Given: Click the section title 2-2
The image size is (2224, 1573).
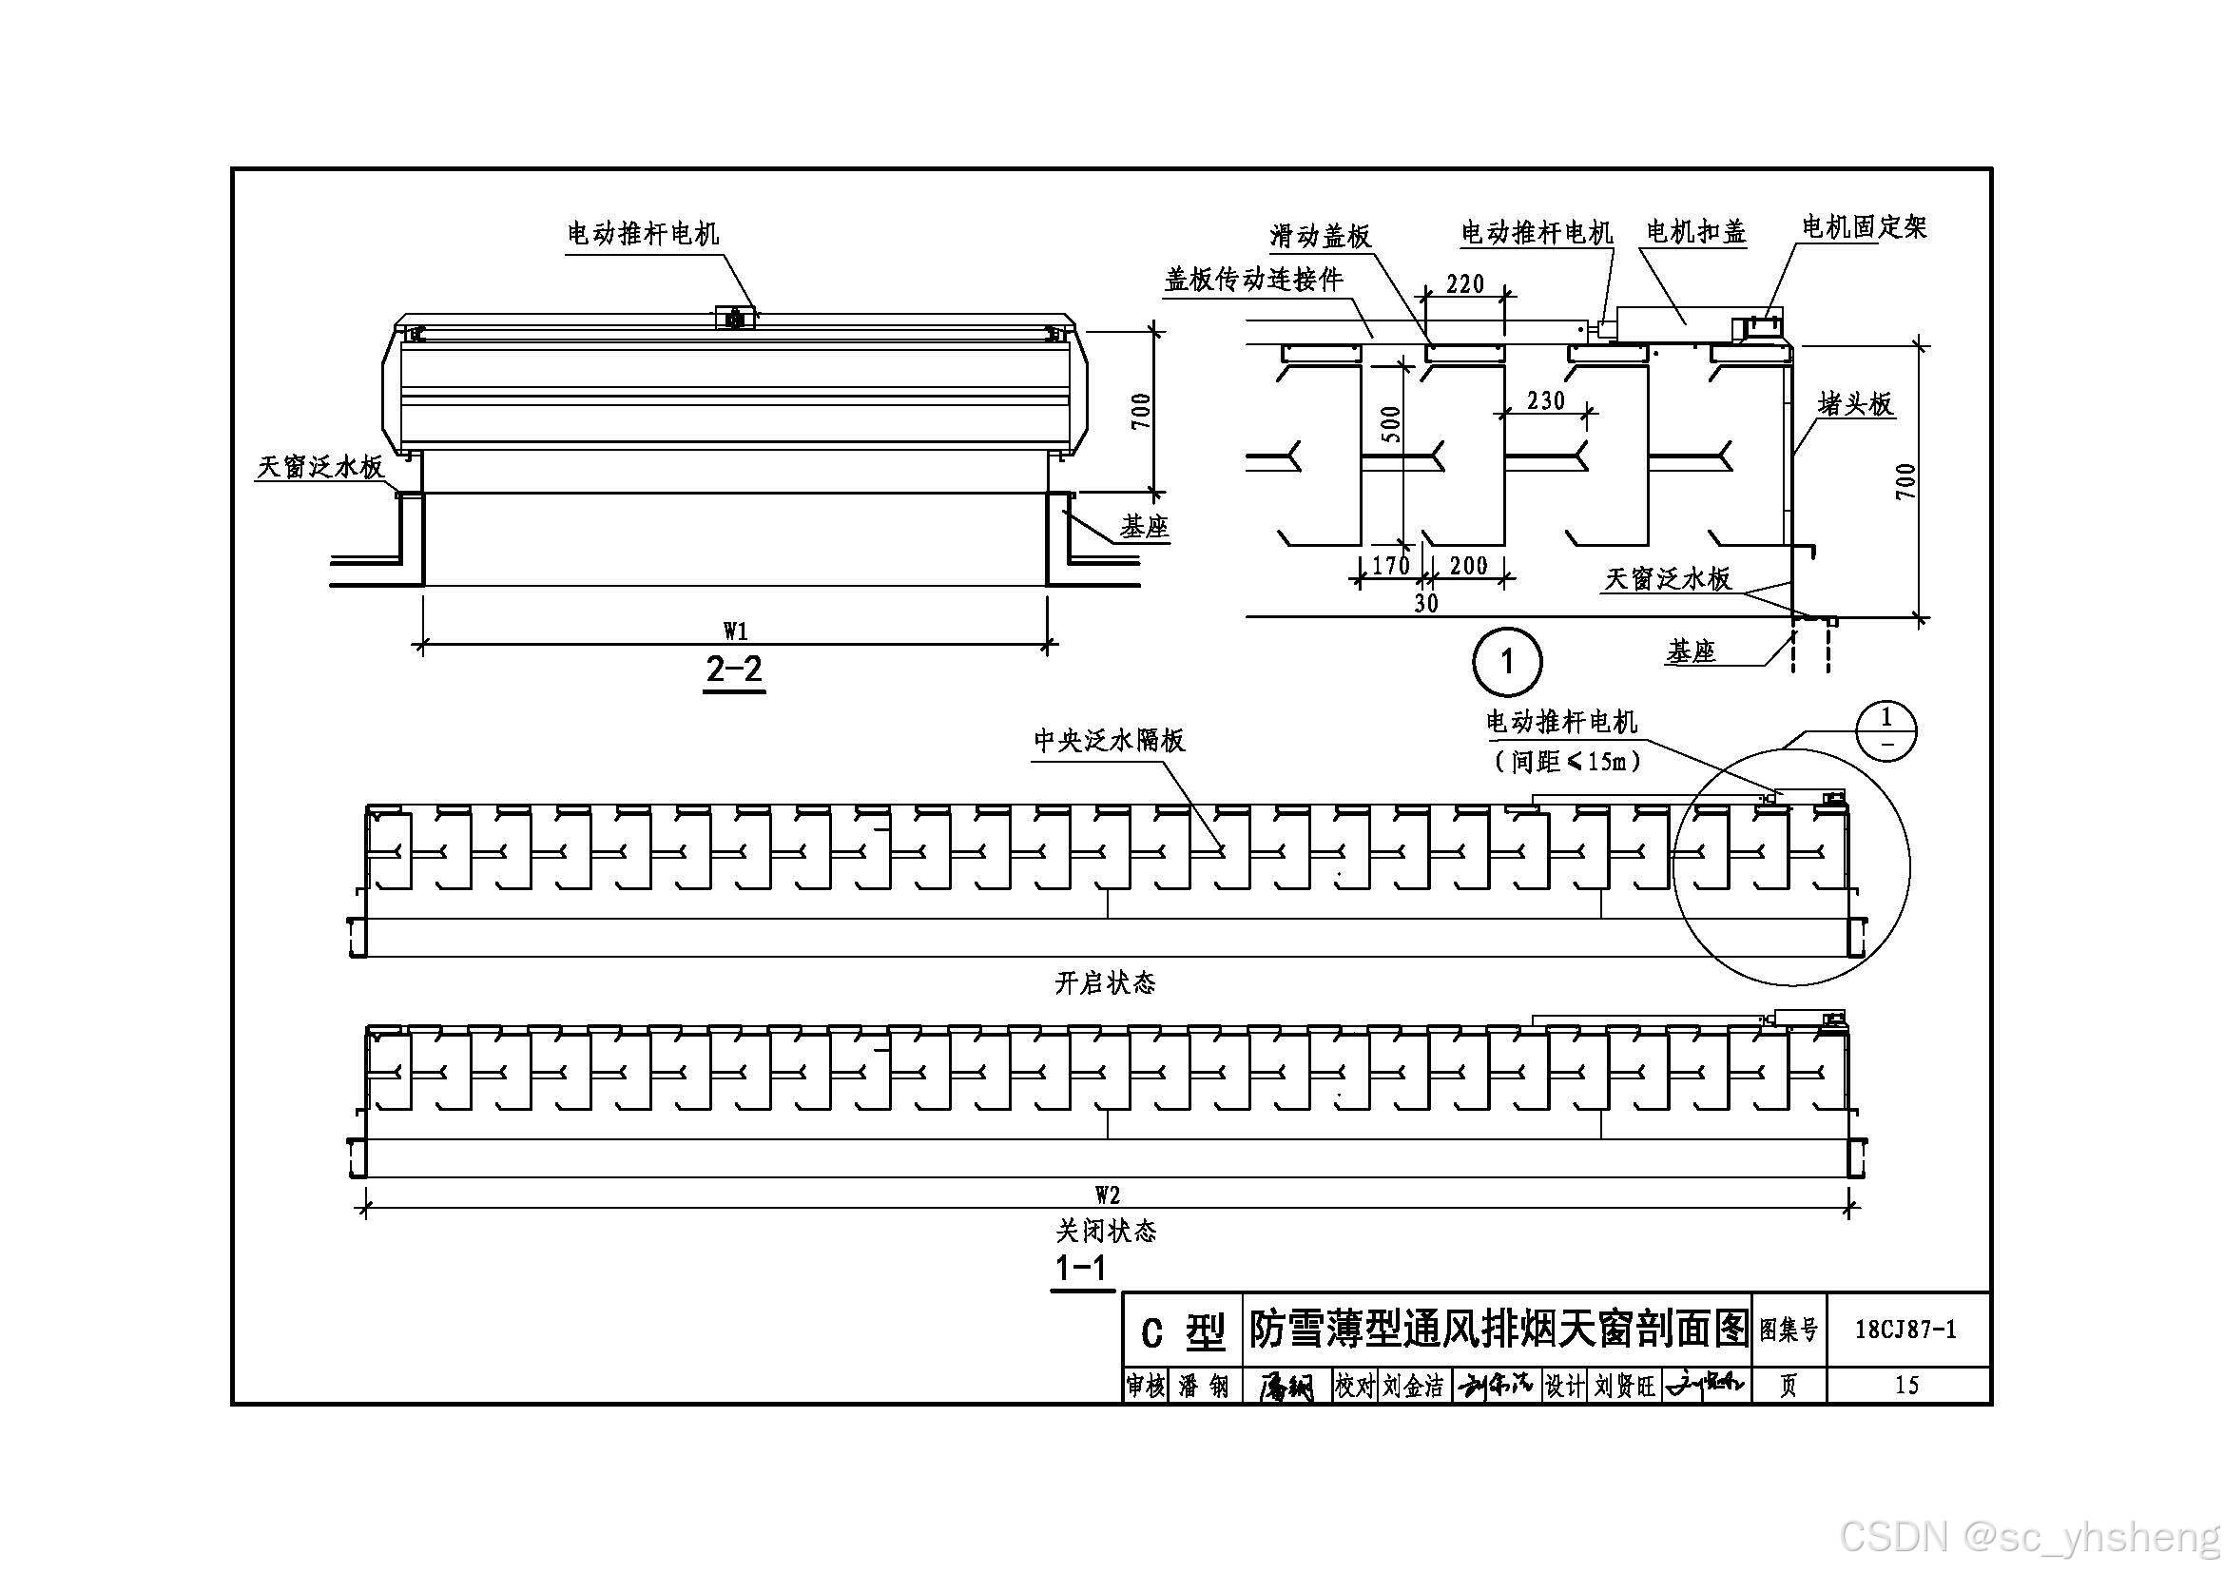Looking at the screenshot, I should click(x=734, y=670).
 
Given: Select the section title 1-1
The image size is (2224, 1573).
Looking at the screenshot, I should click(x=1081, y=1268).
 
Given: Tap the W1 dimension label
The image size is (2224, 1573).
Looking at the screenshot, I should click(x=735, y=631).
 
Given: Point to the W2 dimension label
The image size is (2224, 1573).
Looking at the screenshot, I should click(x=1107, y=1195).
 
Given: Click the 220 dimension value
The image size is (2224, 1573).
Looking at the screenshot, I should click(x=1464, y=283).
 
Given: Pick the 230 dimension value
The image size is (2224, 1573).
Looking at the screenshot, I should click(x=1545, y=400).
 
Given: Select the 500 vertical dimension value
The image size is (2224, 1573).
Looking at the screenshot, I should click(x=1390, y=424).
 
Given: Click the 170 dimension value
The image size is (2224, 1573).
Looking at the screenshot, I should click(x=1391, y=566).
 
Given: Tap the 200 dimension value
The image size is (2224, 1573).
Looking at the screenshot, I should click(x=1467, y=566).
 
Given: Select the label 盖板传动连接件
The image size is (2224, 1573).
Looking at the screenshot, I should click(x=1253, y=280).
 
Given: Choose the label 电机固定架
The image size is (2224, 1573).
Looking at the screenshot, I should click(x=1864, y=227).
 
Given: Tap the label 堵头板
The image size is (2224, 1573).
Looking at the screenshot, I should click(x=1855, y=404).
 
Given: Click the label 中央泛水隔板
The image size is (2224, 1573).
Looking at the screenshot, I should click(x=1109, y=741).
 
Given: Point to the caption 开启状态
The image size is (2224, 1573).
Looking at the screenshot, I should click(x=1105, y=984).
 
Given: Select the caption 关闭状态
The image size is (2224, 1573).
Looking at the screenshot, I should click(x=1105, y=1231).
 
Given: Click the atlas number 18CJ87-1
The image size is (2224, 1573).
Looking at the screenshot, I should click(x=1905, y=1330).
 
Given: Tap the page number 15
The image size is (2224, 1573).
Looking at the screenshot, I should click(x=1906, y=1385).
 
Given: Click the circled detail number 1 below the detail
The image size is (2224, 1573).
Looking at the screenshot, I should click(x=1506, y=663).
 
